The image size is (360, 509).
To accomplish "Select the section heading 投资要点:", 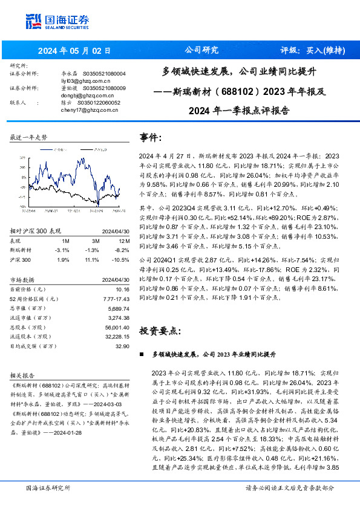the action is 160,331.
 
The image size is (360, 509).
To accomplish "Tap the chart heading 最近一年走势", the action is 29,138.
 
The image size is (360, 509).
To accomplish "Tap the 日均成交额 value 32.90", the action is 122,346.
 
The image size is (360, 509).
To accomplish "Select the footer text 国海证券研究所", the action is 48,488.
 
